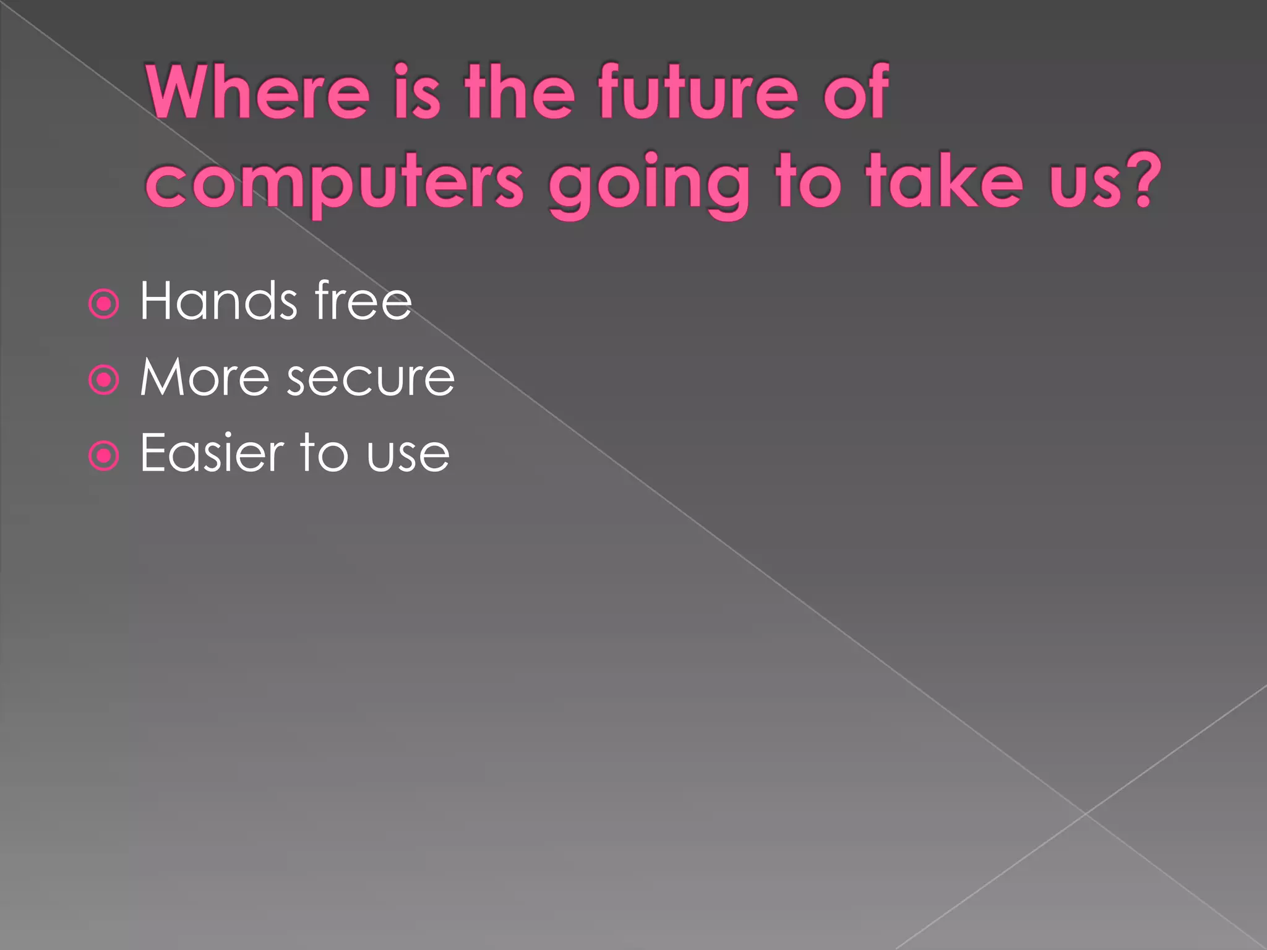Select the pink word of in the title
[856, 93]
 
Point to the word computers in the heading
[335, 184]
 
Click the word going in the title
[649, 186]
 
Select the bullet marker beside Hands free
[103, 304]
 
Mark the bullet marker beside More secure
[103, 379]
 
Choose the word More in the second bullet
[204, 377]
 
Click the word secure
[371, 379]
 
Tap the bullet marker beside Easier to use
[103, 456]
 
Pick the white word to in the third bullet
[324, 453]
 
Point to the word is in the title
[418, 93]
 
